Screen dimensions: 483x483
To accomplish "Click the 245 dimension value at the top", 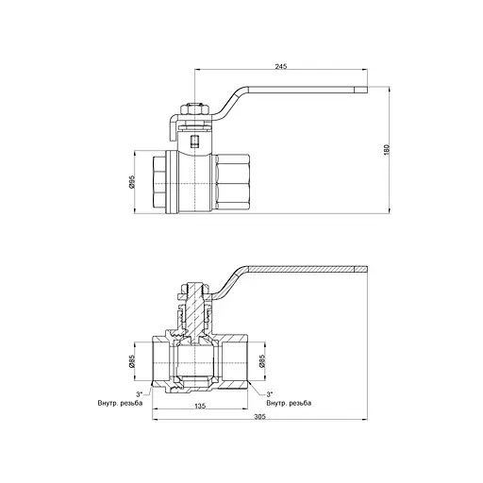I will (282, 65).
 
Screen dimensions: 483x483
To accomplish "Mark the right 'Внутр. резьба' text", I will (289, 403).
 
